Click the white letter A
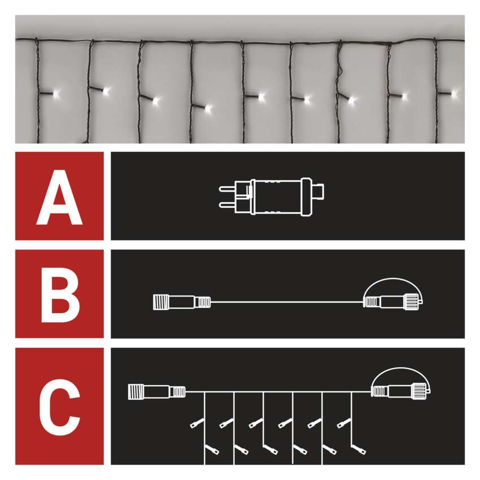tap(59, 197)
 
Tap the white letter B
tap(60, 295)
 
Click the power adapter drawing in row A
tap(271, 197)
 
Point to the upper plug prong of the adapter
tap(227, 188)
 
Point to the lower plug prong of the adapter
tap(227, 205)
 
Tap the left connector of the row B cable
tap(181, 302)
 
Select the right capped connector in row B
tap(393, 302)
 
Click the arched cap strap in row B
tap(393, 279)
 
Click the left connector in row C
tap(156, 392)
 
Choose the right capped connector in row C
tap(401, 391)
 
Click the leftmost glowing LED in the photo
tap(56, 93)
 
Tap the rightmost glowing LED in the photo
tap(455, 93)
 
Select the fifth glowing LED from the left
tap(261, 97)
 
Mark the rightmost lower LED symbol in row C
tap(359, 449)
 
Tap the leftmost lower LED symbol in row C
tap(212, 449)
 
